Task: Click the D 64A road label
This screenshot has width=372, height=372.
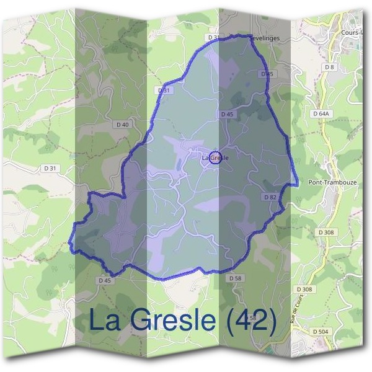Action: coord(321,114)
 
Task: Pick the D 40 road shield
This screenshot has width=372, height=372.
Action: coord(123,125)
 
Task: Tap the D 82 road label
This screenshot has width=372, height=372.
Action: coord(269,197)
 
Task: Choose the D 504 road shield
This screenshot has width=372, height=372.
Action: coord(320,332)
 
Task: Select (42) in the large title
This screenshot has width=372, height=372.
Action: coord(251,320)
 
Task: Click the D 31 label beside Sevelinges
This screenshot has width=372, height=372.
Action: coord(214,38)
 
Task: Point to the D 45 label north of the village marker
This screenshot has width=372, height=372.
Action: coord(226,114)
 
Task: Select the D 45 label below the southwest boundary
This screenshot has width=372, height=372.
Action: coord(105,280)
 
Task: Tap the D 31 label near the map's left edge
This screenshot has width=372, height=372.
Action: coord(50,168)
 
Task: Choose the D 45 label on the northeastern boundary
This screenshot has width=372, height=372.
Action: coord(267,74)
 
